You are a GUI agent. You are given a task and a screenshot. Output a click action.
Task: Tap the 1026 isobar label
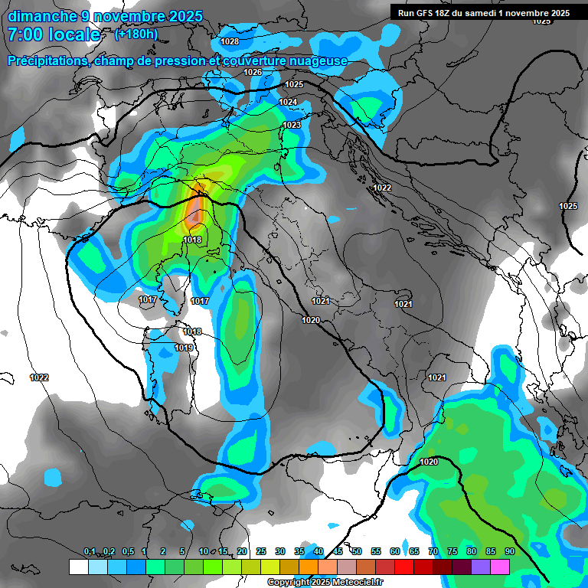pos(253,72)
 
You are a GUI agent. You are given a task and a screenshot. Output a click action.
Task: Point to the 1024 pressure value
pos(288,102)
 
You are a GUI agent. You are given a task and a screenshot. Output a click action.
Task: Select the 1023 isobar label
pos(292,125)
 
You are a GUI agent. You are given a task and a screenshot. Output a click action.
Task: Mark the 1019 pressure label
pos(184,348)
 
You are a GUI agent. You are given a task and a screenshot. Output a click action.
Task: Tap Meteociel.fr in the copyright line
pos(356,583)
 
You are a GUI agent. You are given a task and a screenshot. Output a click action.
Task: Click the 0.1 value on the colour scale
pos(89,552)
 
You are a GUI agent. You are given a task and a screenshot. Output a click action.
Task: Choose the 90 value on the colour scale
pos(509,552)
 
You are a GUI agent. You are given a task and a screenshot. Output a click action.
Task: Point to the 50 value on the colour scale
pos(357,552)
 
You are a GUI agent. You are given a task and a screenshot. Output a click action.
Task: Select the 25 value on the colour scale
pos(261,552)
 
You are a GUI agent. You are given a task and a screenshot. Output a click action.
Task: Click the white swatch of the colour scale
pos(78,567)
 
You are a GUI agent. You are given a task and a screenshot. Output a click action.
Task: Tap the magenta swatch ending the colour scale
pos(500,567)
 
